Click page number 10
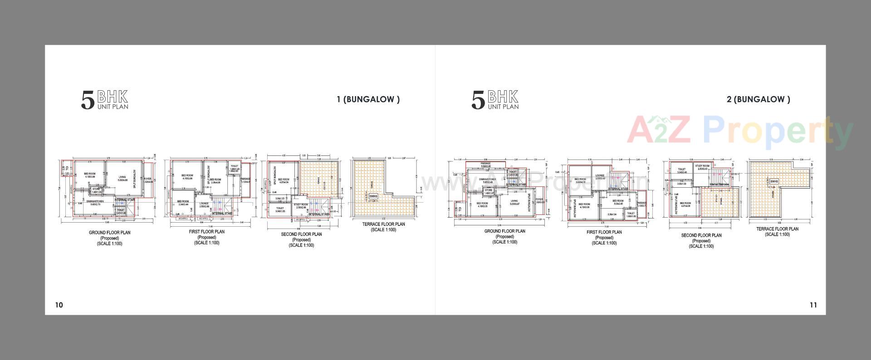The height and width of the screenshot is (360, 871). pyautogui.click(x=59, y=305)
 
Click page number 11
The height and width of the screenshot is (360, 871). pyautogui.click(x=813, y=305)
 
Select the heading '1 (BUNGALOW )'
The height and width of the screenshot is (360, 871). pyautogui.click(x=368, y=99)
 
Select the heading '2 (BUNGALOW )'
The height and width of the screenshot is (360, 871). pyautogui.click(x=758, y=99)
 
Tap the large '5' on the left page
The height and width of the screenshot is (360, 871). pyautogui.click(x=88, y=100)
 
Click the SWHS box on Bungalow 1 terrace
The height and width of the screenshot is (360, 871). pyautogui.click(x=373, y=196)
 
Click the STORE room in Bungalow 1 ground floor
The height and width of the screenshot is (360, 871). pyautogui.click(x=96, y=190)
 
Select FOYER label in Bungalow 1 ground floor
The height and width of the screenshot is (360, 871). pyautogui.click(x=147, y=179)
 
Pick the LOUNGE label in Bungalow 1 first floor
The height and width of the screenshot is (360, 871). pyautogui.click(x=204, y=204)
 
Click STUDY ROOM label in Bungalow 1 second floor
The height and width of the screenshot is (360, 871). pyautogui.click(x=301, y=205)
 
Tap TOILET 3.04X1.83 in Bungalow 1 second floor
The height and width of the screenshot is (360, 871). pyautogui.click(x=279, y=209)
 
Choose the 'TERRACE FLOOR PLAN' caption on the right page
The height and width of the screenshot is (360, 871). pyautogui.click(x=777, y=229)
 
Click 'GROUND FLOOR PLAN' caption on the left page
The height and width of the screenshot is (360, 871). pyautogui.click(x=109, y=233)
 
